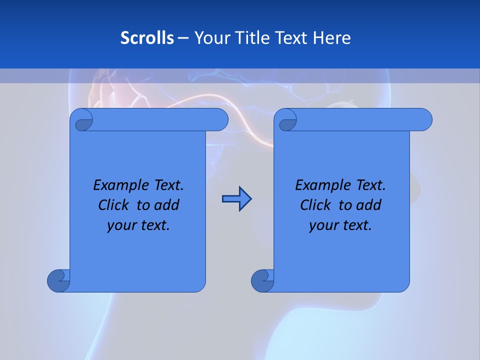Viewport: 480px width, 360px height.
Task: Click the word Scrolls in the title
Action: click(147, 37)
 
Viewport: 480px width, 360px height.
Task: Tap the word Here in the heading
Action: click(331, 37)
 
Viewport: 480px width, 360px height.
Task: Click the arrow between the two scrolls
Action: click(236, 199)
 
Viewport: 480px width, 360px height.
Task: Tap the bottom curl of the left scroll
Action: click(59, 280)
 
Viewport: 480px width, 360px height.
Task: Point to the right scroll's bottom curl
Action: click(263, 280)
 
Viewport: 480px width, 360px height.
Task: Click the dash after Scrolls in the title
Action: click(182, 38)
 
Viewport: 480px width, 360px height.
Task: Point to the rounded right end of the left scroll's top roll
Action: click(220, 119)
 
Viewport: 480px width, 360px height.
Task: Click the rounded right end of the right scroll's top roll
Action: click(424, 119)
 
